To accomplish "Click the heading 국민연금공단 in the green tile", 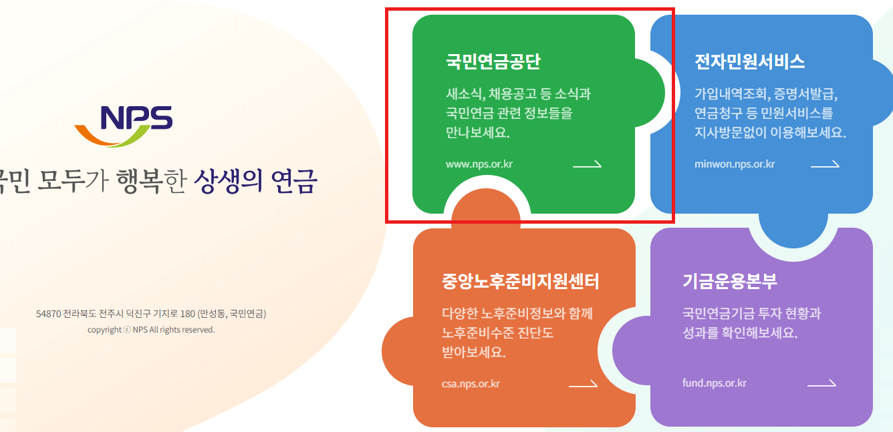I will [x=493, y=61].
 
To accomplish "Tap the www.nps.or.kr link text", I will [x=479, y=164].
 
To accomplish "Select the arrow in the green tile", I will [x=587, y=164].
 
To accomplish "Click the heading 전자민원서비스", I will [x=749, y=61].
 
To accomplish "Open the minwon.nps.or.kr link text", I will [x=735, y=164].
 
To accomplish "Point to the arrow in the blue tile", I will [x=825, y=164].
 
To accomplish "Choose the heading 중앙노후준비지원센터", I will [x=520, y=281].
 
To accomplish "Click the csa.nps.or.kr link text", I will [x=471, y=384].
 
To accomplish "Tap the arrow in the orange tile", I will [x=583, y=384].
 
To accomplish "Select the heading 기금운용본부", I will [x=730, y=281].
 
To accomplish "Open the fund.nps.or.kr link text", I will [x=715, y=383].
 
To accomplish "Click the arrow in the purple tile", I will [x=821, y=383].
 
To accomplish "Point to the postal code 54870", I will [x=49, y=314].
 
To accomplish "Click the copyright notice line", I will [x=151, y=330].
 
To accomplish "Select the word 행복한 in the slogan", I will [x=150, y=180].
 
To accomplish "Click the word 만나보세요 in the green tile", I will [x=477, y=132].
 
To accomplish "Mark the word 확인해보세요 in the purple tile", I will [x=760, y=333].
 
